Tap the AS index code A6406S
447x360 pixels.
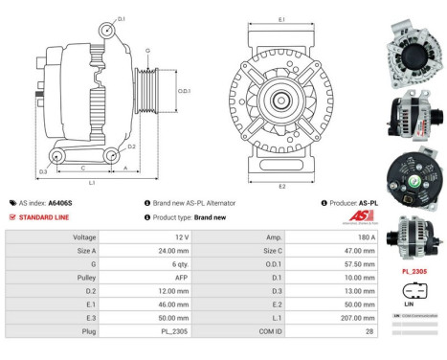coord(60,203)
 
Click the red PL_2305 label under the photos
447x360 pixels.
coord(415,271)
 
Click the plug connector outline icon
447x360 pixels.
coord(415,288)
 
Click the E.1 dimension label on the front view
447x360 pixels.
coord(279,19)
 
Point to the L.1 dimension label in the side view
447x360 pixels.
coord(92,182)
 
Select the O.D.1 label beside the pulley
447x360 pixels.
coord(183,92)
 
